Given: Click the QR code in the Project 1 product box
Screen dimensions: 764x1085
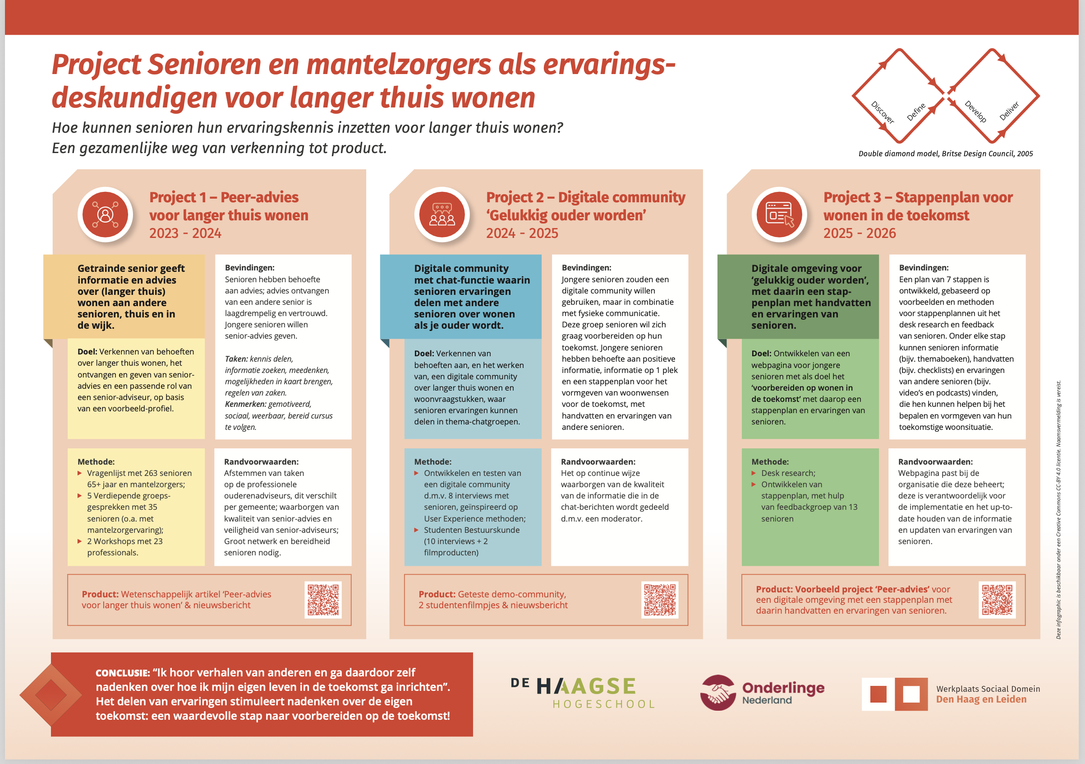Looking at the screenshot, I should coord(323,599).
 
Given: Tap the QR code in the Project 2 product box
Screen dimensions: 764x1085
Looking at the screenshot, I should coord(660,599).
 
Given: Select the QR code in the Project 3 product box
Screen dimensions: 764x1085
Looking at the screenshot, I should coord(997,599).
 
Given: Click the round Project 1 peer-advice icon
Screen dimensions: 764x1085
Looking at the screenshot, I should coord(105,214).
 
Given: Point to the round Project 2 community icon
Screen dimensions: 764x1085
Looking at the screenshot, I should coord(442,214).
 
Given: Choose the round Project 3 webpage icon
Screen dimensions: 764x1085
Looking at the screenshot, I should coord(779,214).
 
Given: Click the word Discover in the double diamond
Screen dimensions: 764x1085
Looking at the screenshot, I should coord(882,112).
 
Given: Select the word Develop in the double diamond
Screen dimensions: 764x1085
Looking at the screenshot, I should coord(975,112).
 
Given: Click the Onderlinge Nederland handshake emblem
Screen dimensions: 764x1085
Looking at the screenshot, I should coord(717,693).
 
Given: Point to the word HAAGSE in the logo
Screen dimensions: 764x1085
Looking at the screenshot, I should coord(586,686).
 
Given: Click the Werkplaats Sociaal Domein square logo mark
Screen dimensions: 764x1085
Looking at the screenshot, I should coord(895,694).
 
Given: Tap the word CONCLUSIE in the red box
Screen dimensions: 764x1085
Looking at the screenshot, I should coord(122,673).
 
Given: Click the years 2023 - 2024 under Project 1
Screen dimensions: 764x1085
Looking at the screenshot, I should coord(185,233).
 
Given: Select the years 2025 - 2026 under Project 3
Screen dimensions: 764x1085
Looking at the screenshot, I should coord(859,233).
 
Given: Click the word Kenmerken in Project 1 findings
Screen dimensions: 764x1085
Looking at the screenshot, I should coord(245,404).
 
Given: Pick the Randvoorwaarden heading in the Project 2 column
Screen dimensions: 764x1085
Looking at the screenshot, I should coord(598,462).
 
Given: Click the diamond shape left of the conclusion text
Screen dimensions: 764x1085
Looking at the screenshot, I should coord(51,694).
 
